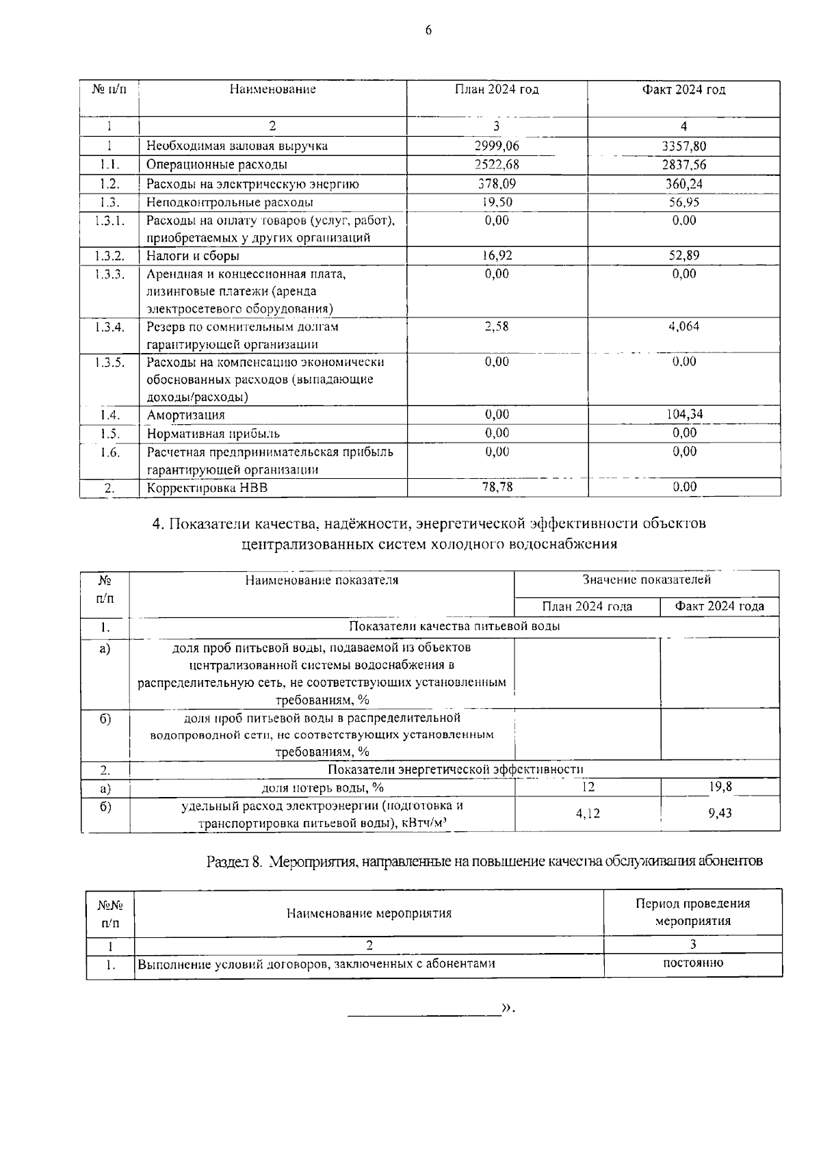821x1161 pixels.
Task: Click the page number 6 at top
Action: [x=428, y=30]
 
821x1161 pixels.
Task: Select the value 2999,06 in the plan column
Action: [x=497, y=146]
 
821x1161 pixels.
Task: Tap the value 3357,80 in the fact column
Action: [x=684, y=146]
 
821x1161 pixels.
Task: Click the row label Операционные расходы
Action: [x=217, y=165]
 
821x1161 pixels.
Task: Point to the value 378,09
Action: [x=497, y=184]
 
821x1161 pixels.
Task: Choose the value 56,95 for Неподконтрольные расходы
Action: [x=684, y=203]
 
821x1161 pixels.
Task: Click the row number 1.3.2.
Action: [x=109, y=256]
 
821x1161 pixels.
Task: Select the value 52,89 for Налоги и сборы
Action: [x=684, y=256]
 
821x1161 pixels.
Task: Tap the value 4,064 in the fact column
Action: [x=684, y=327]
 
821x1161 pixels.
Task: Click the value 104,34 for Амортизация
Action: [x=684, y=414]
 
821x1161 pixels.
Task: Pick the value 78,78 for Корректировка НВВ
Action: [x=497, y=486]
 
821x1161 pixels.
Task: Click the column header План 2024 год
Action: [x=497, y=90]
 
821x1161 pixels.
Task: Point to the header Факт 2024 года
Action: [x=720, y=606]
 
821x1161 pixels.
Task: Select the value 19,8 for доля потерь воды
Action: [x=720, y=787]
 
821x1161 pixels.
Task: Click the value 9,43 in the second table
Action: [x=720, y=813]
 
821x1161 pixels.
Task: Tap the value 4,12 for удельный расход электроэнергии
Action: [x=588, y=813]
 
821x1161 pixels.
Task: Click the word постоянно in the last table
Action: [x=693, y=963]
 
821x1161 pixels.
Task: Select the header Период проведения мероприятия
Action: [x=693, y=912]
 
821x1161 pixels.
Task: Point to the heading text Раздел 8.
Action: [x=234, y=861]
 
